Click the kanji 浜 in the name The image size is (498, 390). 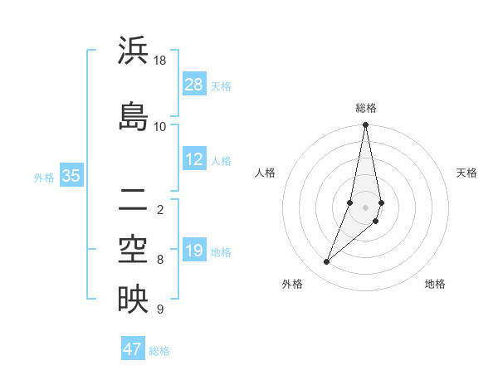[x=133, y=51]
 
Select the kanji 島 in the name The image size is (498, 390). [x=133, y=116]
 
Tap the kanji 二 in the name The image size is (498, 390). [x=133, y=199]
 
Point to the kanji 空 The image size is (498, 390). [x=133, y=250]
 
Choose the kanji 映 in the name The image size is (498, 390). [x=133, y=300]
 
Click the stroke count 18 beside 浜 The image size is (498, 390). [x=160, y=61]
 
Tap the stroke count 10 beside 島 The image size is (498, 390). [x=160, y=126]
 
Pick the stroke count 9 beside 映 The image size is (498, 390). [x=160, y=310]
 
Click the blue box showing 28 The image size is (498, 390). [x=194, y=85]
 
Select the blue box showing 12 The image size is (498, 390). [x=194, y=160]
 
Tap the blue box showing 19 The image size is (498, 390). [x=194, y=251]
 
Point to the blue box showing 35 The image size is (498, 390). [x=71, y=176]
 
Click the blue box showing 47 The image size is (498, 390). [x=133, y=349]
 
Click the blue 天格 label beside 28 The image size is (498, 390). [x=221, y=85]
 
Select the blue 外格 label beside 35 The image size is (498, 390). [x=44, y=177]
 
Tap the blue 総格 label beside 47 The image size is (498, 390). [x=159, y=350]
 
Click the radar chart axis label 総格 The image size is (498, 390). [x=366, y=108]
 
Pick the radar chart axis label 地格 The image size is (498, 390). [x=435, y=284]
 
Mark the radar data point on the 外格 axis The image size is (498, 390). [x=327, y=262]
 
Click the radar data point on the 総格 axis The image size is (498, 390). [x=366, y=125]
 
